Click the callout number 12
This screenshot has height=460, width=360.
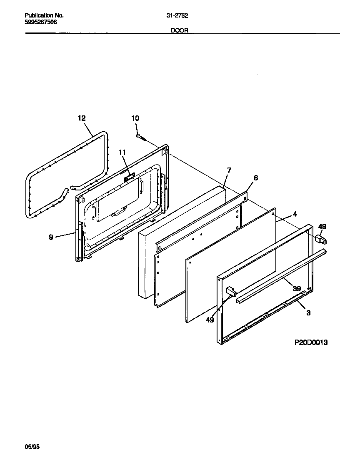coord(81,118)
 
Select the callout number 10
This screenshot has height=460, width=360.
coord(135,118)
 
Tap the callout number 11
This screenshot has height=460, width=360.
coord(122,152)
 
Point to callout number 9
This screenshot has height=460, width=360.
coord(51,237)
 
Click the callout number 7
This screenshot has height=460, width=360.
coord(229,170)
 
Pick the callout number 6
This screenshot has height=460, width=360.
coord(255,178)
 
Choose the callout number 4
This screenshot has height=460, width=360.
coord(295,214)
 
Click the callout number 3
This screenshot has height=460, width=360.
coord(308,313)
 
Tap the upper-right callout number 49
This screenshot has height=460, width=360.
coord(322,227)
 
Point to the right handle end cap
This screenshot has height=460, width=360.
coord(320,239)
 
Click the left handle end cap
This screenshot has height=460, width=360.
coord(231,291)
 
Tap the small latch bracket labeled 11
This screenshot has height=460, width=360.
coord(129,177)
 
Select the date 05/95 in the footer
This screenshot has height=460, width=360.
coord(32,447)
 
